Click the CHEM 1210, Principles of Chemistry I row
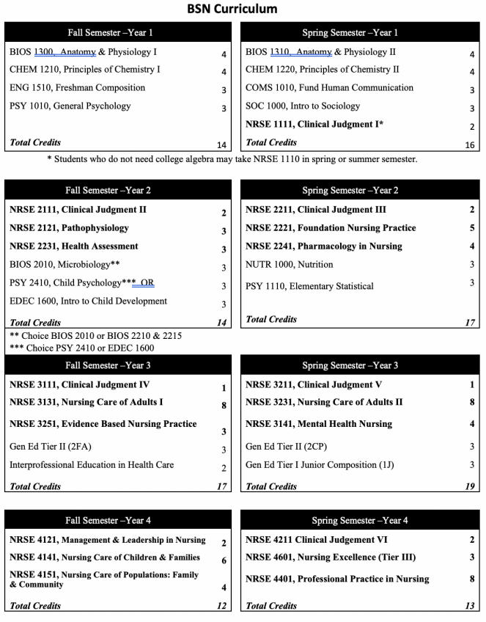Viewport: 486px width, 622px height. pyautogui.click(x=85, y=70)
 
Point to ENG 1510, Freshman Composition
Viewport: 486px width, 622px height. pyautogui.click(x=78, y=88)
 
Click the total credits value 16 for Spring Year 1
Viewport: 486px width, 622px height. pyautogui.click(x=470, y=145)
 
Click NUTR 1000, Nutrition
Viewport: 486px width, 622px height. pyautogui.click(x=289, y=265)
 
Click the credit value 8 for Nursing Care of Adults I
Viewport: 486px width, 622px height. pyautogui.click(x=224, y=406)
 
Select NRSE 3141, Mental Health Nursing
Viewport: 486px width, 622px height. pyautogui.click(x=319, y=424)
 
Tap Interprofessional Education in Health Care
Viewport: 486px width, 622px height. pyautogui.click(x=92, y=465)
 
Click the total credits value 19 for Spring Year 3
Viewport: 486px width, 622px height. pyautogui.click(x=468, y=486)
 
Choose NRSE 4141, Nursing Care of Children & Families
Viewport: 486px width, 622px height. pyautogui.click(x=105, y=557)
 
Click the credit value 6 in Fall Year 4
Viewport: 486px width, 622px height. pyautogui.click(x=224, y=560)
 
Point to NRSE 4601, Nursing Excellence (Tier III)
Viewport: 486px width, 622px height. pyautogui.click(x=331, y=557)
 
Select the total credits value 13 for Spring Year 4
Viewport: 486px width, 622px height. pyautogui.click(x=468, y=606)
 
